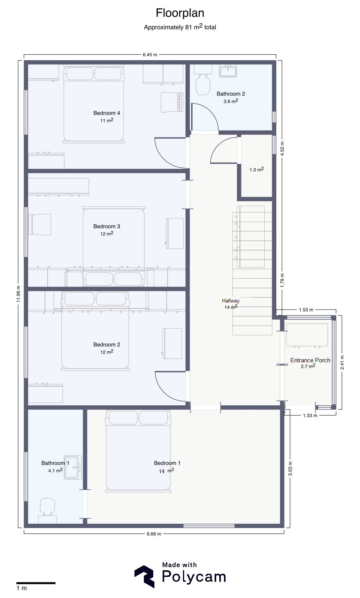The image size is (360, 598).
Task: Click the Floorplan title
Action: (180, 13)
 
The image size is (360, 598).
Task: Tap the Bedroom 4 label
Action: (107, 113)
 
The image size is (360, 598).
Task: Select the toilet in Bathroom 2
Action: (203, 80)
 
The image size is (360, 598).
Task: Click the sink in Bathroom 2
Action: (228, 71)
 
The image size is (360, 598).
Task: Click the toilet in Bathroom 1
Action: (48, 510)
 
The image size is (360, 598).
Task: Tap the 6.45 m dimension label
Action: (150, 55)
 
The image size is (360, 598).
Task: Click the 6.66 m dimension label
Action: (154, 534)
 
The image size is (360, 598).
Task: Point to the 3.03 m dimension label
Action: (290, 469)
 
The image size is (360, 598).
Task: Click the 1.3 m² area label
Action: (257, 169)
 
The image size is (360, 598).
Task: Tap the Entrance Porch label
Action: (310, 360)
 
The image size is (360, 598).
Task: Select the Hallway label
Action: (231, 301)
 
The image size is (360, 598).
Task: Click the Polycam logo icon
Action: (144, 577)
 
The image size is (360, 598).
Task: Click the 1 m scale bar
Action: (36, 583)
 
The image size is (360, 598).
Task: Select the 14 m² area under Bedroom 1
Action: (167, 471)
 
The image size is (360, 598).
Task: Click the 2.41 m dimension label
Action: (342, 362)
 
